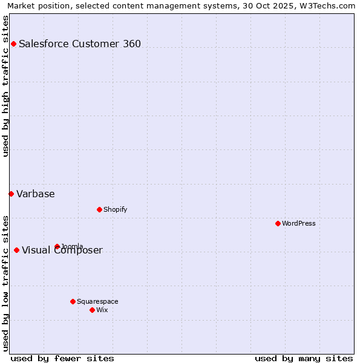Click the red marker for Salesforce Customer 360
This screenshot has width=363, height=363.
click(13, 44)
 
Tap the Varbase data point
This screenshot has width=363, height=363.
click(11, 194)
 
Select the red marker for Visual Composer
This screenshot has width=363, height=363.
click(16, 250)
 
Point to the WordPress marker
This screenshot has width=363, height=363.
click(278, 223)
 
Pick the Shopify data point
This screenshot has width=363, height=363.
click(99, 209)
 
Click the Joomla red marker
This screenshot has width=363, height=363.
click(57, 246)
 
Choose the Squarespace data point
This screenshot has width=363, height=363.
click(73, 301)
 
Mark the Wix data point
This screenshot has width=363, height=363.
click(92, 310)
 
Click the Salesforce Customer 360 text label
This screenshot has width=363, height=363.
click(80, 44)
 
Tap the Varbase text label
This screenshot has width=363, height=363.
click(36, 194)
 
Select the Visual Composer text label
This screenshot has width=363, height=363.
click(62, 250)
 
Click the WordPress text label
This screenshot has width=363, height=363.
click(299, 223)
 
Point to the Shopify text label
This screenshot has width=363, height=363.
click(116, 209)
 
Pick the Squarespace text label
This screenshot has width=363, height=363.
click(97, 301)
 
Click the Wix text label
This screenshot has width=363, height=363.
click(102, 310)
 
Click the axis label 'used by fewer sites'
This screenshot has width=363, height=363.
click(62, 358)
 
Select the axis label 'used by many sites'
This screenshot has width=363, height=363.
click(304, 358)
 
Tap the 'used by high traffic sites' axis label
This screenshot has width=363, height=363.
click(5, 86)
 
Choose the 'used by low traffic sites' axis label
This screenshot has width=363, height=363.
click(5, 283)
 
